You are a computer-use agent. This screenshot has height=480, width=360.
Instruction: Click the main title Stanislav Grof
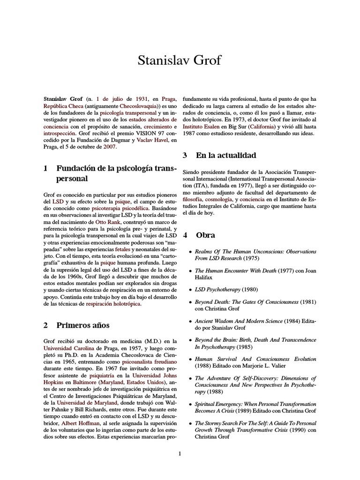coord(180,60)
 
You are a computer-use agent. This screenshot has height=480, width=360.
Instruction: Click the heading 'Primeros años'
coord(83,325)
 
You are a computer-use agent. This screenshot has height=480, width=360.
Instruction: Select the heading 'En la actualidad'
coord(226,155)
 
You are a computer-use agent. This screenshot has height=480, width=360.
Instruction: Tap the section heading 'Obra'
coord(205,234)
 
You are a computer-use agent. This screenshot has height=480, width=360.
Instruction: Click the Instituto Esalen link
coord(202,127)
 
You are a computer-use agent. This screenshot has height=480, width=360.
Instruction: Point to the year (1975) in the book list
coord(249,258)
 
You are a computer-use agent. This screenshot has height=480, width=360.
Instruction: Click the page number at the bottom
coord(180,453)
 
